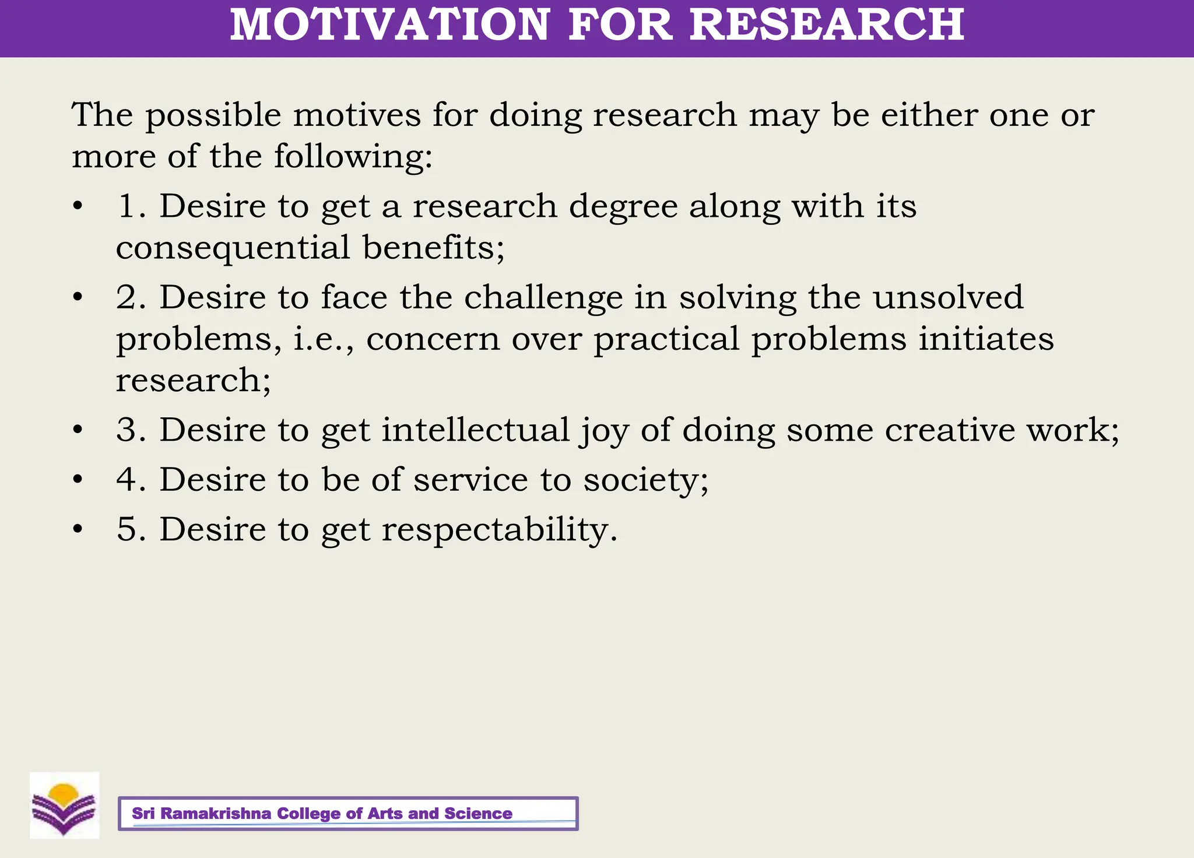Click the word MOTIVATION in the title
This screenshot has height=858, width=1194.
pos(389,24)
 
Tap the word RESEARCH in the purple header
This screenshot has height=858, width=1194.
pos(827,24)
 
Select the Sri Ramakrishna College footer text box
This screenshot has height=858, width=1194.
pos(348,813)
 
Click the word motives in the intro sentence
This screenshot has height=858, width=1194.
pos(357,115)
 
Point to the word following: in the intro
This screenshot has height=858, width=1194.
pos(353,157)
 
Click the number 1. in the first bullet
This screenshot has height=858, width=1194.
pos(131,206)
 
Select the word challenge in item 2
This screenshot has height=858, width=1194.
pos(543,298)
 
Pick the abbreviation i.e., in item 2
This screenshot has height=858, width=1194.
pos(324,339)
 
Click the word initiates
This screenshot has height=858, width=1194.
pos(986,339)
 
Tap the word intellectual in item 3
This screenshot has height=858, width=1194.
pos(475,430)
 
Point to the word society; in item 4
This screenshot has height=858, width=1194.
pos(646,480)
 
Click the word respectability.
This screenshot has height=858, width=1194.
pos(499,530)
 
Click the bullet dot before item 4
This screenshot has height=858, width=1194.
pos(78,480)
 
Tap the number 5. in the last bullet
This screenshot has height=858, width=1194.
pos(131,530)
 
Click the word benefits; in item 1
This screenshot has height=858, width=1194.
pos(433,248)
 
